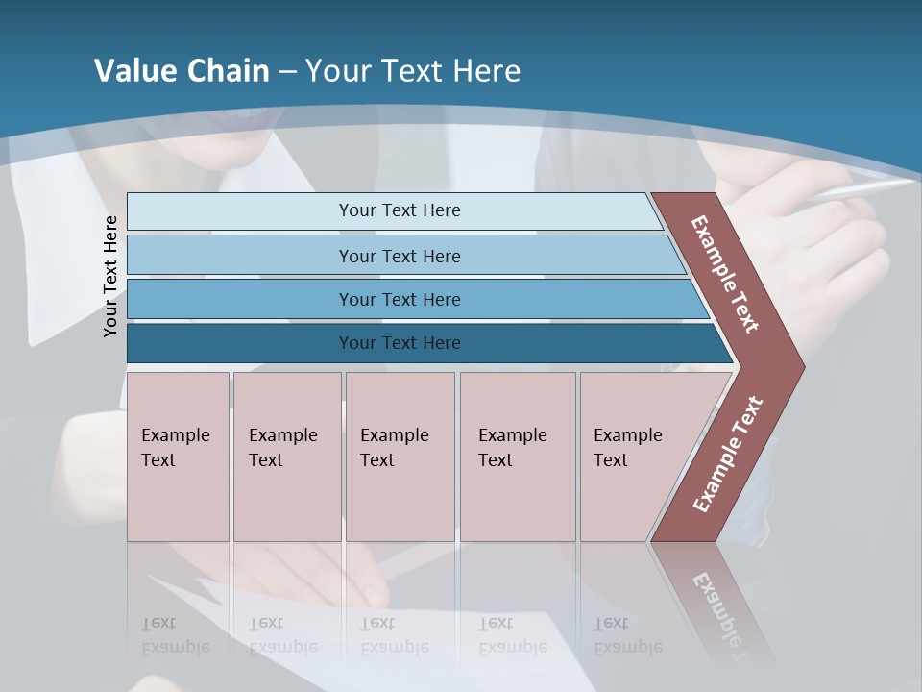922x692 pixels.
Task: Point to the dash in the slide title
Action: [x=287, y=72]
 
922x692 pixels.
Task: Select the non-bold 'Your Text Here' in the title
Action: [x=413, y=71]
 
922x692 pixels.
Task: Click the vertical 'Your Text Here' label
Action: [x=110, y=276]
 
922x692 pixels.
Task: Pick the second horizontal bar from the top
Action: [x=399, y=256]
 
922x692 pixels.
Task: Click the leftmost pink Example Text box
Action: [x=178, y=457]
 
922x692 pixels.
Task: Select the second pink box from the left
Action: [x=286, y=457]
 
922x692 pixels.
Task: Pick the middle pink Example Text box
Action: [x=400, y=457]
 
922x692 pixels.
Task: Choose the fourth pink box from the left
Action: [x=517, y=457]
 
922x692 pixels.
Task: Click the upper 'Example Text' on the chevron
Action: [x=725, y=274]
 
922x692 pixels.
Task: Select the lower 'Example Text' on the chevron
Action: [x=728, y=455]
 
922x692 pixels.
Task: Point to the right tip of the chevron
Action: [x=802, y=367]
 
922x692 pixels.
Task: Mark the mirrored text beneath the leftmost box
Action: [x=175, y=635]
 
